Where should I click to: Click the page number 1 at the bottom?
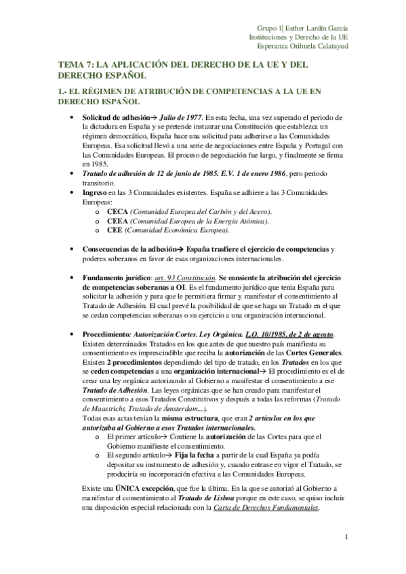coord(346,537)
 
